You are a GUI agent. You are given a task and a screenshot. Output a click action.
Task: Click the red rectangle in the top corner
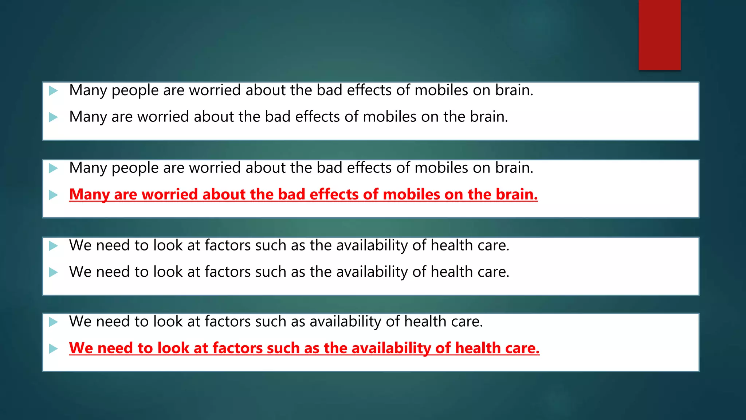tap(659, 35)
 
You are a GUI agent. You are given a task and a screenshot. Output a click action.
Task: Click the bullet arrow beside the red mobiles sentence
tap(54, 195)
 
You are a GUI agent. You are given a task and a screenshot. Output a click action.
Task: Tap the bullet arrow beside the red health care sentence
tap(54, 349)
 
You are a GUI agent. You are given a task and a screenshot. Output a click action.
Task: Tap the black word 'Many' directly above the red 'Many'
tap(88, 168)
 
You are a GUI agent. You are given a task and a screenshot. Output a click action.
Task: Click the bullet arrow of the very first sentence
tap(54, 90)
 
